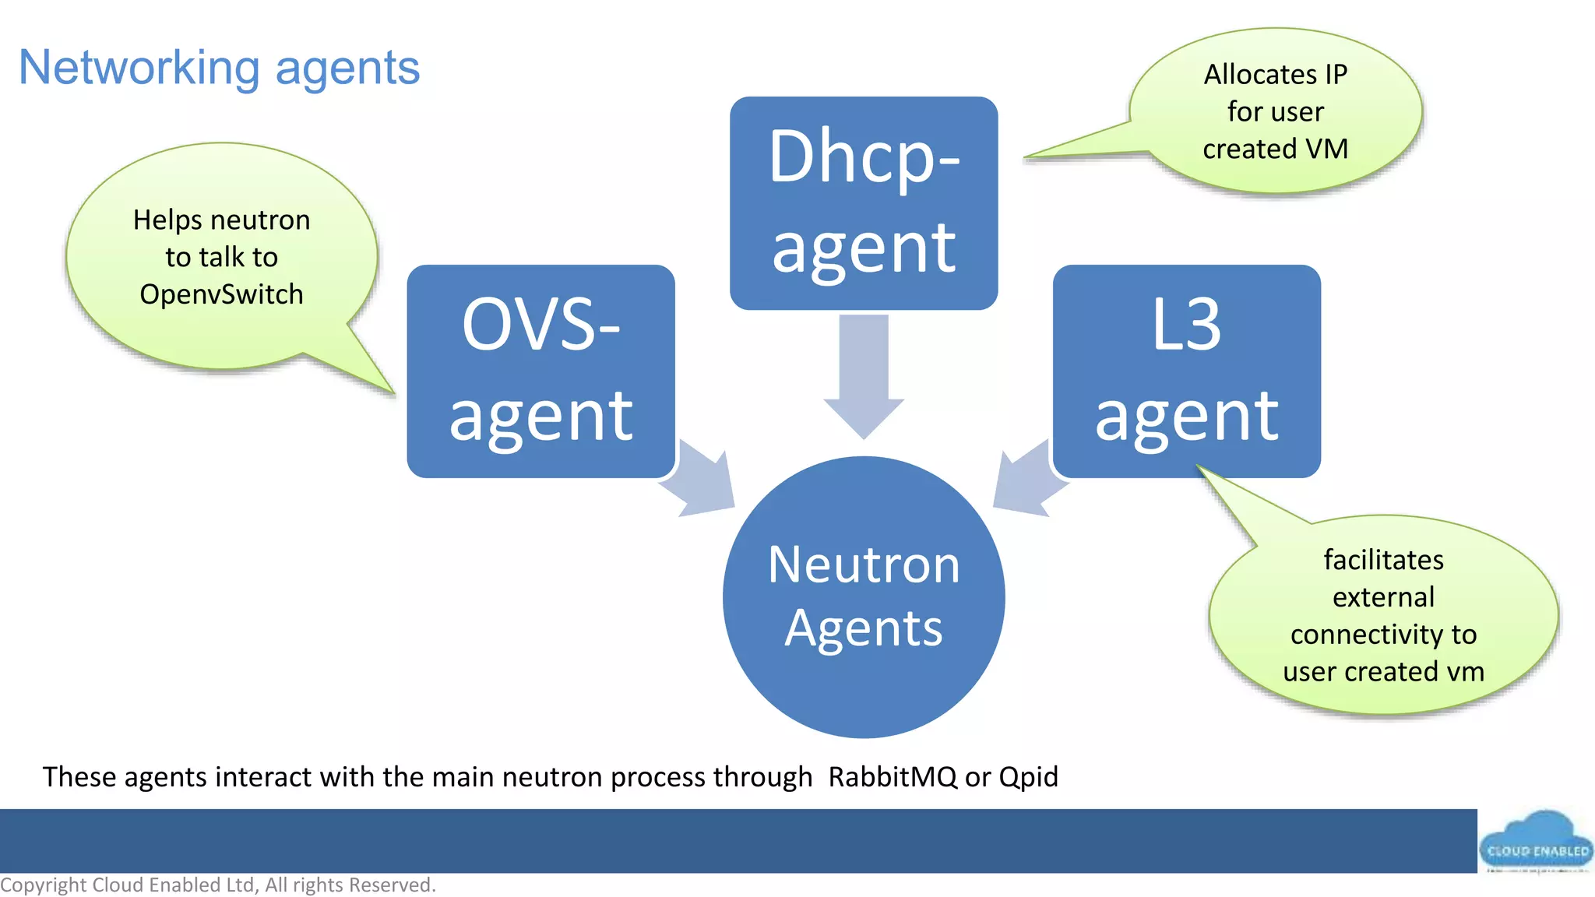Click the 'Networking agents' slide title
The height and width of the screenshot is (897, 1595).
pyautogui.click(x=219, y=68)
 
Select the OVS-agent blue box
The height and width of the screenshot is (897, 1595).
pyautogui.click(x=540, y=371)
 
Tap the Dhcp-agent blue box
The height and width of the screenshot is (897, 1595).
pyautogui.click(x=863, y=202)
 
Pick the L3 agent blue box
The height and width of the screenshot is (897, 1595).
pyautogui.click(x=1186, y=371)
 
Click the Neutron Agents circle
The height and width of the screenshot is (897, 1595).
pyautogui.click(x=863, y=597)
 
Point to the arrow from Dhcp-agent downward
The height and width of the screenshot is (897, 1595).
pyautogui.click(x=864, y=374)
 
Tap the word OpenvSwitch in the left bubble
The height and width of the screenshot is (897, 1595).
pyautogui.click(x=221, y=294)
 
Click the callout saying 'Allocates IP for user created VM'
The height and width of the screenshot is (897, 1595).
pyautogui.click(x=1275, y=111)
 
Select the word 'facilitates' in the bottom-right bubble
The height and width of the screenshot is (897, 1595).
pyautogui.click(x=1383, y=560)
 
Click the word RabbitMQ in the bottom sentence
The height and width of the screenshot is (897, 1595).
pyautogui.click(x=892, y=777)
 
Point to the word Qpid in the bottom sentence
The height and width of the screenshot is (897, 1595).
pyautogui.click(x=1028, y=777)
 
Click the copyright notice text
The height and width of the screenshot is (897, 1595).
pyautogui.click(x=218, y=885)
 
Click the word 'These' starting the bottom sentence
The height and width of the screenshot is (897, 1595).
pyautogui.click(x=79, y=777)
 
